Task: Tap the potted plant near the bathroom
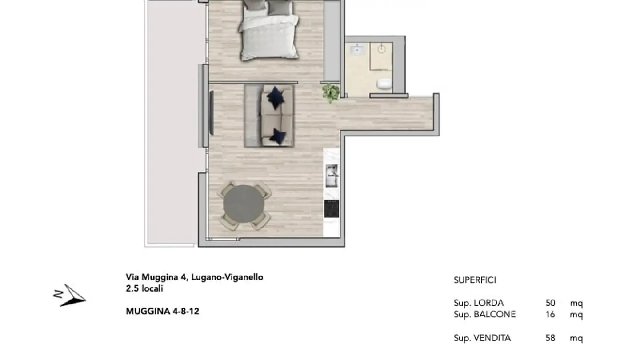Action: coord(331,93)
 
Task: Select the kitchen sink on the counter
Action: coord(332,176)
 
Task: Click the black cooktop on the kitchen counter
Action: coord(332,209)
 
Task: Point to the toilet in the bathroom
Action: coord(384,83)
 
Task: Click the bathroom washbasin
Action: coord(357,50)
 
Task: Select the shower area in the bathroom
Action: coord(381,56)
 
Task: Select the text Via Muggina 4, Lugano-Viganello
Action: coord(194,277)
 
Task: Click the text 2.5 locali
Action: coord(144,288)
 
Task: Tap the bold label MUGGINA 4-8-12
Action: coord(162,311)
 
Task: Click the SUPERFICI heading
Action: coord(475,280)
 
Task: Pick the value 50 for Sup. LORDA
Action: coord(550,303)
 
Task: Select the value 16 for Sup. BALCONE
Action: coord(550,315)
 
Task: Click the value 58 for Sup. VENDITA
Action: coord(550,338)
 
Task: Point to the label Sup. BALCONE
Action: coord(484,315)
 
